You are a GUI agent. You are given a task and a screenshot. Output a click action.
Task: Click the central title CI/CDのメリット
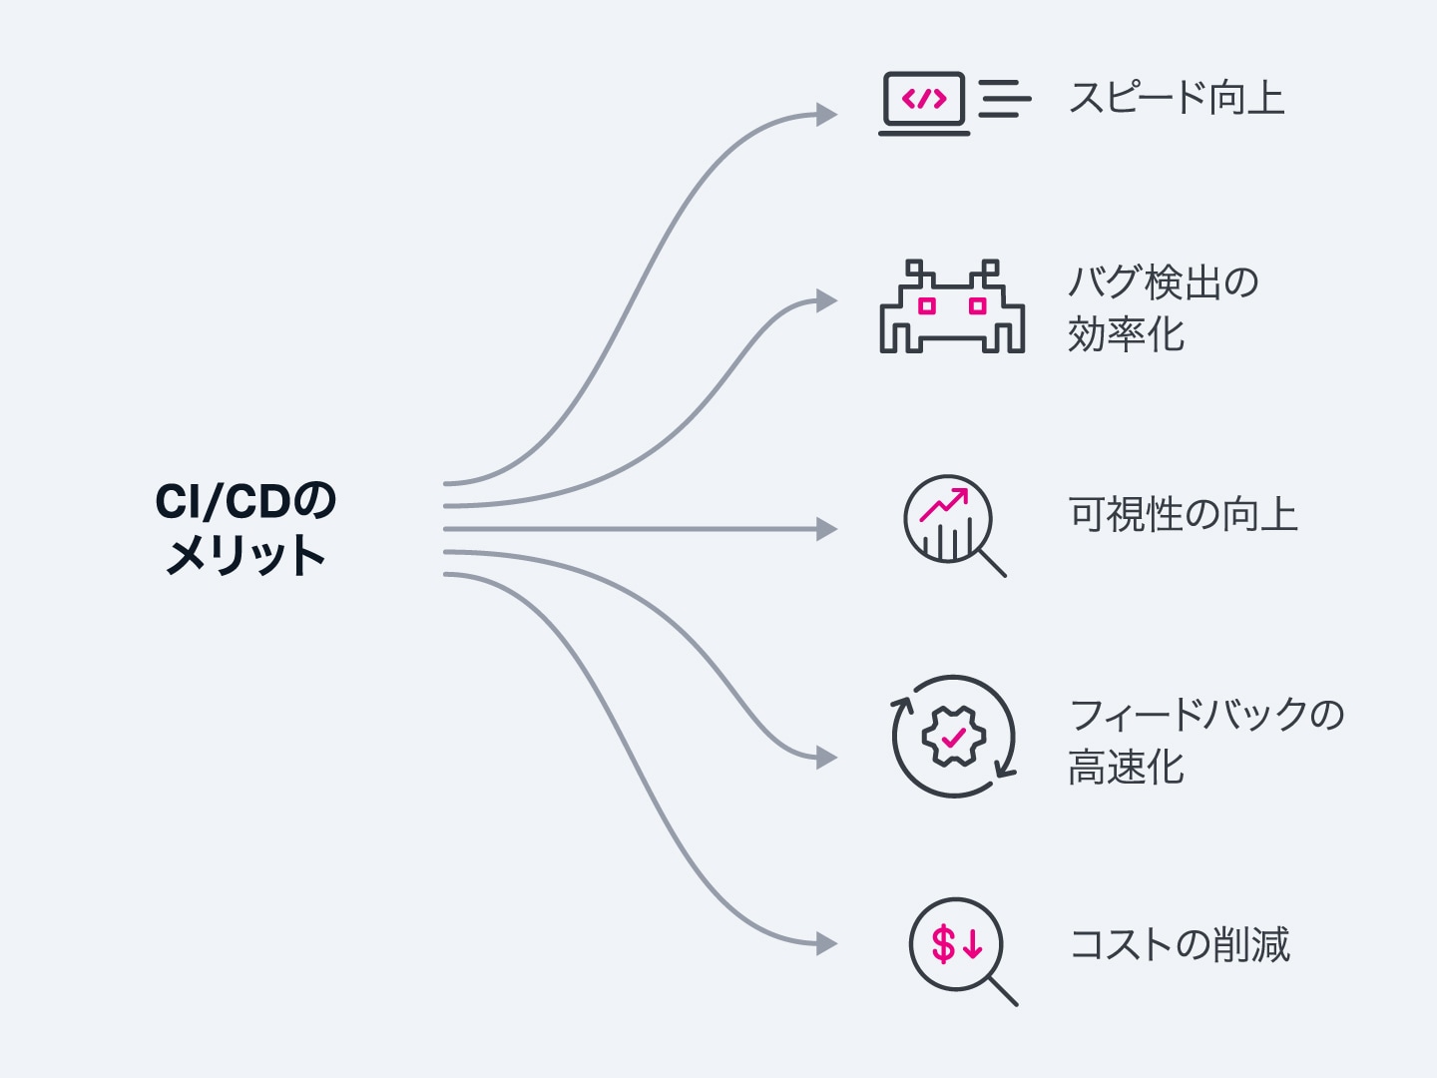click(x=245, y=529)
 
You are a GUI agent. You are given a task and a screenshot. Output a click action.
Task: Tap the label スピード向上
click(x=1176, y=99)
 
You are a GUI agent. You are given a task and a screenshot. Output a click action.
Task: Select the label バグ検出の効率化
click(x=1163, y=308)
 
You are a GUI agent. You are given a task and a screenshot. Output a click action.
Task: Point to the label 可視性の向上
click(x=1183, y=515)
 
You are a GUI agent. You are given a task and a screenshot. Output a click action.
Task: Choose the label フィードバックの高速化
click(x=1205, y=741)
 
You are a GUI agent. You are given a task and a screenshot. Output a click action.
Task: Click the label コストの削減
click(x=1179, y=944)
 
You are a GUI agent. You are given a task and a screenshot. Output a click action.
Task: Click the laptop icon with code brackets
click(x=924, y=103)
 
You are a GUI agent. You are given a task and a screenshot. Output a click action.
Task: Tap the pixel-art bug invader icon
click(x=952, y=307)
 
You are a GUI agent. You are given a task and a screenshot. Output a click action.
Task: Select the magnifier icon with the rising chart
click(x=953, y=524)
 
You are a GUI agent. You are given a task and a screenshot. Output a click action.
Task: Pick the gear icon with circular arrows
click(x=953, y=738)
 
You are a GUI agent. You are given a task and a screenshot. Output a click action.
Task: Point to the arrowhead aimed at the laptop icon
click(x=827, y=115)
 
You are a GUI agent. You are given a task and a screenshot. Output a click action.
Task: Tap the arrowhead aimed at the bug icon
click(x=827, y=300)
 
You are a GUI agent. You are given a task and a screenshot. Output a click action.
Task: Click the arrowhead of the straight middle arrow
click(x=827, y=529)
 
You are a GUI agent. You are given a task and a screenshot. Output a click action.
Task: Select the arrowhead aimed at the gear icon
click(x=827, y=759)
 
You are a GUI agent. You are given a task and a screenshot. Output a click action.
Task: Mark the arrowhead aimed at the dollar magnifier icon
click(x=827, y=943)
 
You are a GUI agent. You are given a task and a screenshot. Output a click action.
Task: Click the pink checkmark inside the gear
click(x=953, y=738)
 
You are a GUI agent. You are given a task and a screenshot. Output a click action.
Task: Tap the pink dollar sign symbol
click(x=943, y=943)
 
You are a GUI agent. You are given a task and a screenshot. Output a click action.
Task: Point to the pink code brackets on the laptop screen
click(x=924, y=99)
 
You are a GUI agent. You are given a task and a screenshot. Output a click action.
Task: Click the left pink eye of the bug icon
click(x=927, y=305)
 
